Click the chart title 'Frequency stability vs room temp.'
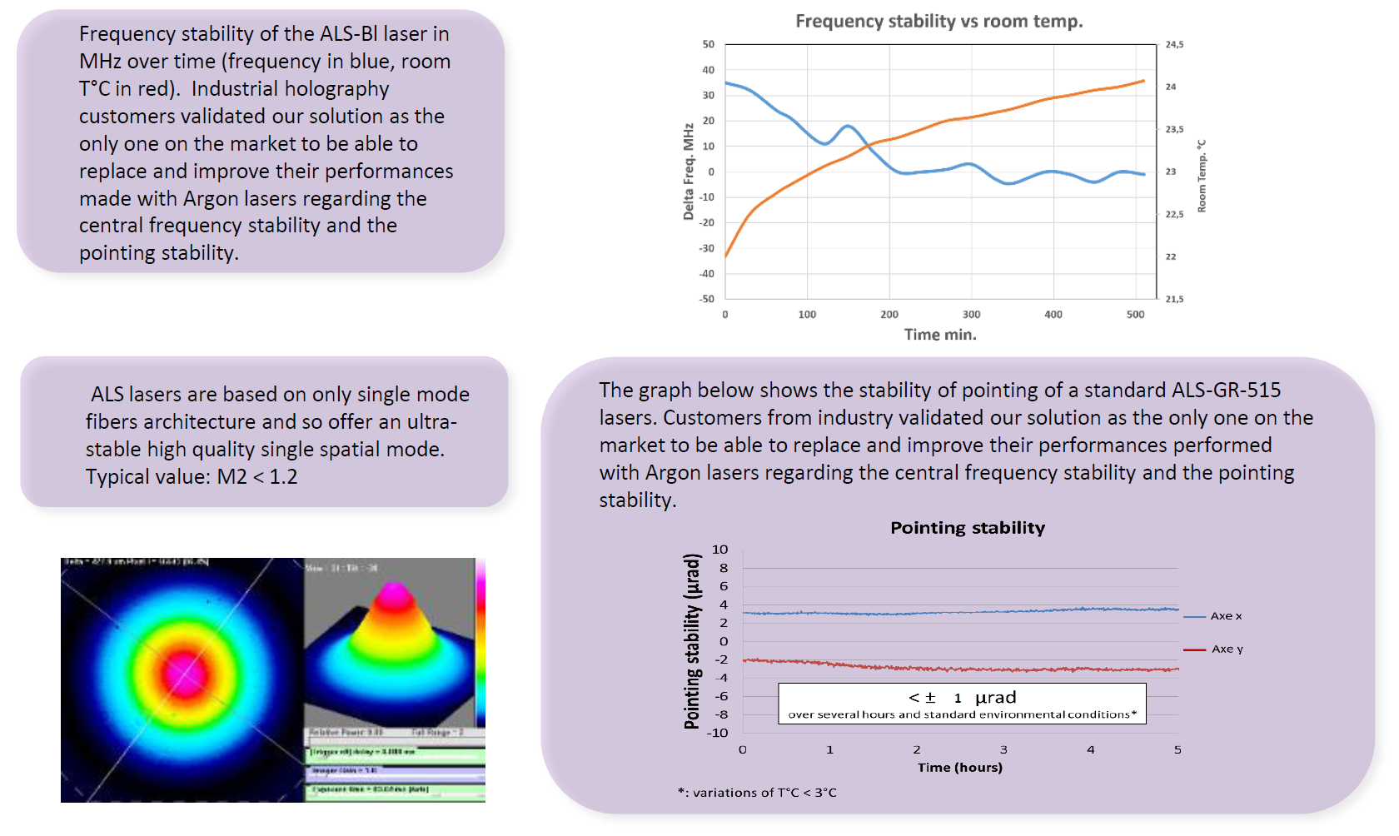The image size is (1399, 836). click(938, 22)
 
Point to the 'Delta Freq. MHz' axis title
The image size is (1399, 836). click(689, 172)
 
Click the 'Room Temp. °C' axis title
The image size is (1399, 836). click(1202, 176)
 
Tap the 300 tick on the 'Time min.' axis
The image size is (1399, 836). click(971, 315)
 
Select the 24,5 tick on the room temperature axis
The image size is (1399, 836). click(1174, 45)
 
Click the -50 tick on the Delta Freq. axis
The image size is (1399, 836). click(707, 299)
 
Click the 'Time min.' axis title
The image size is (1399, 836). click(940, 335)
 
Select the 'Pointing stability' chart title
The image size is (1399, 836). click(968, 528)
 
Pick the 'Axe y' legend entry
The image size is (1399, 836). click(1227, 649)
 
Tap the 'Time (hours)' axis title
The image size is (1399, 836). click(960, 768)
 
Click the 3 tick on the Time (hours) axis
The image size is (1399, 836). click(1003, 750)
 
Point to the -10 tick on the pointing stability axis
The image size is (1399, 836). click(718, 734)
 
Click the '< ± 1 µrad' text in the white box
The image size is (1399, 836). click(963, 698)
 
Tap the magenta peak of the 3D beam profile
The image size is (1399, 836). click(395, 594)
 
